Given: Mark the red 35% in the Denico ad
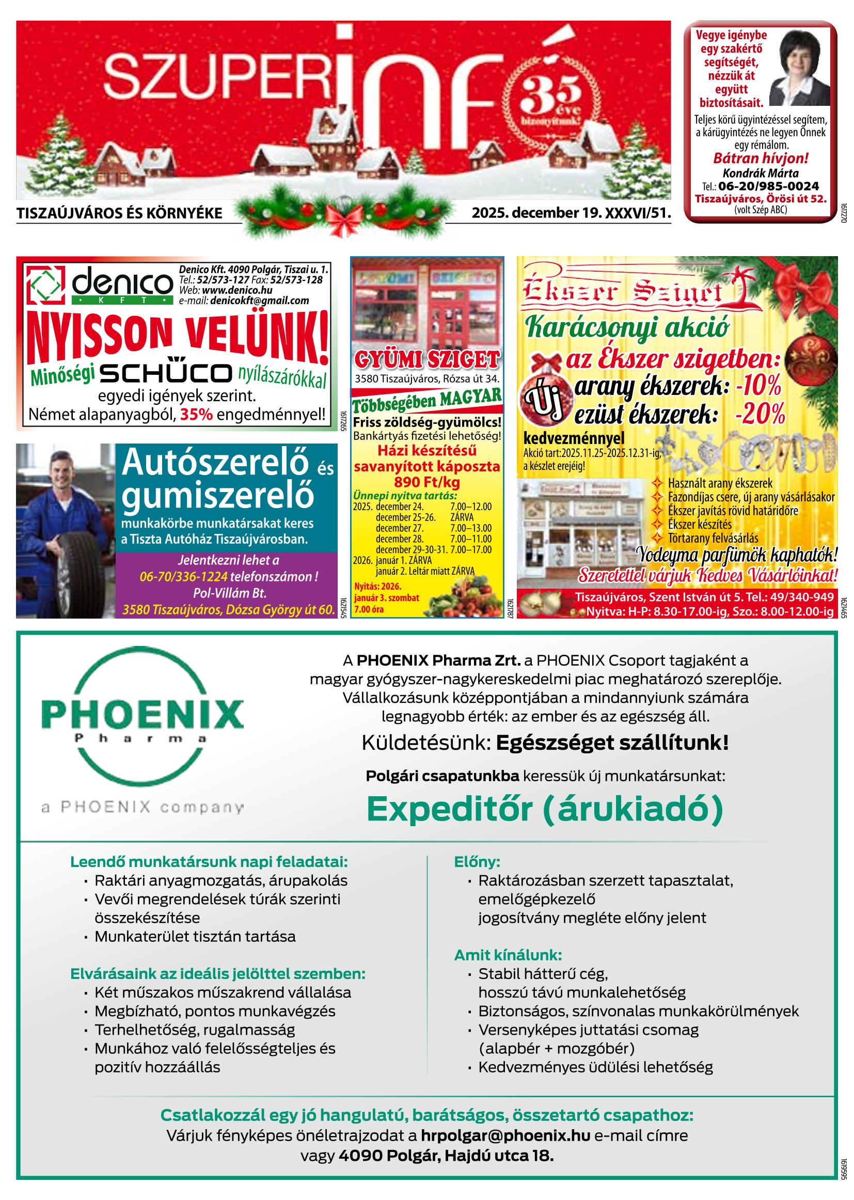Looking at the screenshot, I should point(196,416).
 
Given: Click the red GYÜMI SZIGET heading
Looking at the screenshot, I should point(427,361).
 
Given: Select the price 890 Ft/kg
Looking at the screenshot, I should point(427,482).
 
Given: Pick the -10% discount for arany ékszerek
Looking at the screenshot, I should point(758,387).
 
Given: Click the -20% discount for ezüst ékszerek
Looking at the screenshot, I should point(760,416).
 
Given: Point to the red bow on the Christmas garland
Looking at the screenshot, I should point(342,217).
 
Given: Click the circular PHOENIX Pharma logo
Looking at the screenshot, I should point(142,720).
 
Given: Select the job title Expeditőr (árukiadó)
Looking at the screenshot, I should point(545,809).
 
